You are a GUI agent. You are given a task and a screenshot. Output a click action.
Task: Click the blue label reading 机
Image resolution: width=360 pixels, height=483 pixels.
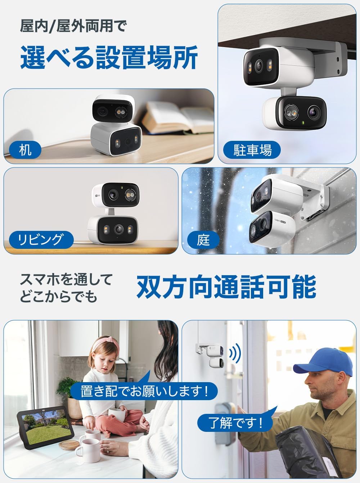tap(25, 149)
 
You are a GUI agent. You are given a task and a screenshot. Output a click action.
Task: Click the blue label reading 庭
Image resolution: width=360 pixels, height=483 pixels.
tap(203, 240)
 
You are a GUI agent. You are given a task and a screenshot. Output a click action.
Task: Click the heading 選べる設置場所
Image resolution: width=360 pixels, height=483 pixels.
tap(109, 57)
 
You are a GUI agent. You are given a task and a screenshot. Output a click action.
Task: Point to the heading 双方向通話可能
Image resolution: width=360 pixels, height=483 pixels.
tap(226, 287)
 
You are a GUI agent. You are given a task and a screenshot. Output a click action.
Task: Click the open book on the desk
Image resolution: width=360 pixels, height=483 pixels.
tap(176, 117)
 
